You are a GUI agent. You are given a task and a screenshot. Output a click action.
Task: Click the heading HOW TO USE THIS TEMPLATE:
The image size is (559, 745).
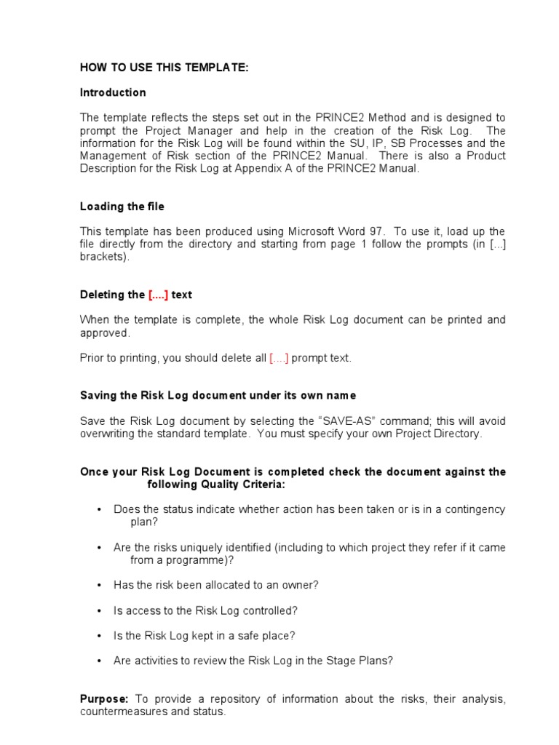click(164, 68)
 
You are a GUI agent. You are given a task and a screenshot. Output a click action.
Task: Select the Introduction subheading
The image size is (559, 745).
click(113, 92)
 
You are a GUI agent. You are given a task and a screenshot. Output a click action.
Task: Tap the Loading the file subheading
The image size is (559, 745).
click(122, 207)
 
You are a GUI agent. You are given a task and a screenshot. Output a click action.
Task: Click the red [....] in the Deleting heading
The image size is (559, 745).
click(158, 295)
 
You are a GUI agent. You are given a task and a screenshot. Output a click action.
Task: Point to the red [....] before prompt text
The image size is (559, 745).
click(279, 358)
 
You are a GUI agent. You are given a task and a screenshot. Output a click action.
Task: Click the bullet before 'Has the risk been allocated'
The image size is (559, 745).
click(98, 585)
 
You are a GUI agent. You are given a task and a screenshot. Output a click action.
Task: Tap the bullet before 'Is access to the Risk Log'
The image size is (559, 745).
click(98, 610)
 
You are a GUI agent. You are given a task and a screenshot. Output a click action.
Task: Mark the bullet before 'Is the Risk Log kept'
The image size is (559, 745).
click(98, 636)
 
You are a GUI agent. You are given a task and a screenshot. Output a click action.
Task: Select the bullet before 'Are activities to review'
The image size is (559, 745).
click(98, 661)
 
